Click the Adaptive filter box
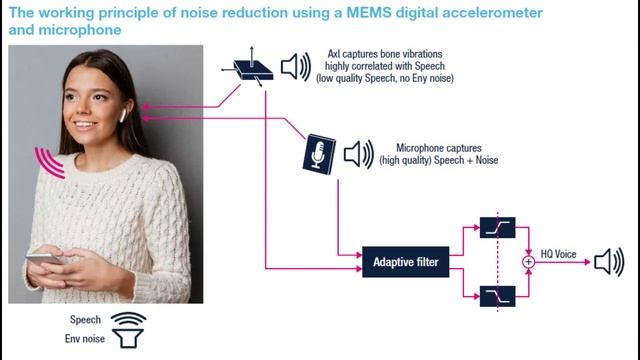pyautogui.click(x=406, y=262)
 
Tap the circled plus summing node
pyautogui.click(x=529, y=262)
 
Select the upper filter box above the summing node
pyautogui.click(x=498, y=227)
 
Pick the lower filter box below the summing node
pyautogui.click(x=498, y=296)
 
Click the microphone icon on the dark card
pyautogui.click(x=319, y=154)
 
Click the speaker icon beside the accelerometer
pyautogui.click(x=296, y=67)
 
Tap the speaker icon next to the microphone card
pyautogui.click(x=358, y=154)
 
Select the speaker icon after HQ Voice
pyautogui.click(x=609, y=262)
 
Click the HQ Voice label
pyautogui.click(x=558, y=254)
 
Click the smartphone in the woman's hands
pyautogui.click(x=44, y=259)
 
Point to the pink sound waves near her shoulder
pyautogui.click(x=49, y=163)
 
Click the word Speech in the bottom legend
pyautogui.click(x=85, y=320)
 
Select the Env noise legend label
pyautogui.click(x=84, y=338)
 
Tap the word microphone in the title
pyautogui.click(x=80, y=30)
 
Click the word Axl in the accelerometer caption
pyautogui.click(x=334, y=54)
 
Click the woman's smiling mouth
pyautogui.click(x=85, y=124)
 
